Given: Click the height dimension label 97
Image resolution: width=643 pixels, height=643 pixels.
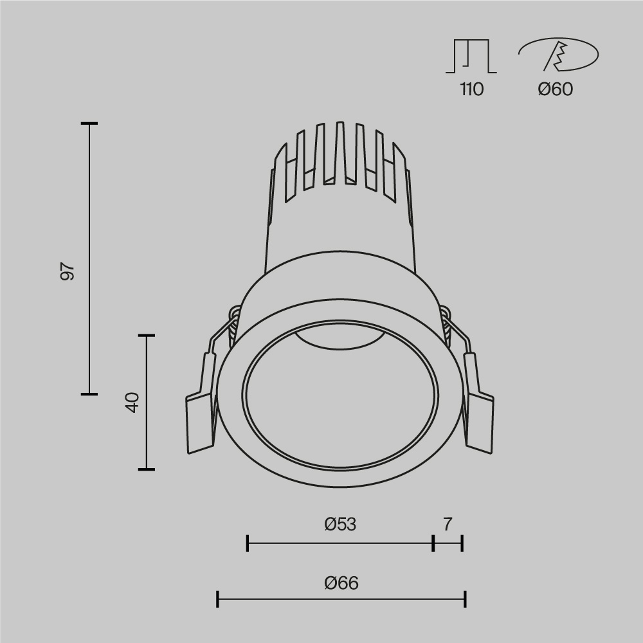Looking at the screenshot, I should pyautogui.click(x=68, y=271).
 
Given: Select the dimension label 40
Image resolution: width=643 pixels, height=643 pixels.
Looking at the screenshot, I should pyautogui.click(x=132, y=403).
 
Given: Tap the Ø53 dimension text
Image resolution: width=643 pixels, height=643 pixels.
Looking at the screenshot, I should pyautogui.click(x=340, y=525).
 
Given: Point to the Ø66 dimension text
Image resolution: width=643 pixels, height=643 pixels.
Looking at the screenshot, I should pyautogui.click(x=341, y=583).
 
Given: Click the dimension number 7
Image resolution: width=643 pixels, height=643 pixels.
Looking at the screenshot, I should pyautogui.click(x=448, y=525).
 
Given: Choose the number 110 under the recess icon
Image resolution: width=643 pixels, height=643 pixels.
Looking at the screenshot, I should pyautogui.click(x=471, y=89).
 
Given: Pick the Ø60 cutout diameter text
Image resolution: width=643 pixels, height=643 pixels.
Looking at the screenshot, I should pyautogui.click(x=556, y=89).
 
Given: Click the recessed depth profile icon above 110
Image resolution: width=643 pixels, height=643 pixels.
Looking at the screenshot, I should pyautogui.click(x=471, y=57).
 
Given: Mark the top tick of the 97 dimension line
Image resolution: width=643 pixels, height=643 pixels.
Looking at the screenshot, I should pyautogui.click(x=89, y=123).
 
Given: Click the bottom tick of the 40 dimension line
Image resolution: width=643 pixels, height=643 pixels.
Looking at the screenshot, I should pyautogui.click(x=147, y=469).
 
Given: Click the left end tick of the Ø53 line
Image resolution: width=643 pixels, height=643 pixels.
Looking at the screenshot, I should pyautogui.click(x=248, y=543).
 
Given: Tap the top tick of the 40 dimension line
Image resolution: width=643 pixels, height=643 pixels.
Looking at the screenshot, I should pyautogui.click(x=147, y=335).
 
